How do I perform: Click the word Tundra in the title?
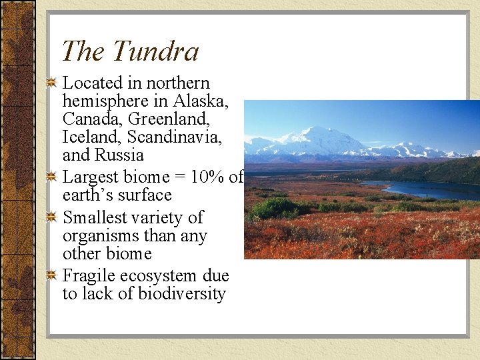point(155,51)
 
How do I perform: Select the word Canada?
point(86,119)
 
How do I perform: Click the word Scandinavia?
point(174,137)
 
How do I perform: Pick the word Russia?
point(121,155)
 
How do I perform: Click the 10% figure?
point(207,177)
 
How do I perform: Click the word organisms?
point(99,236)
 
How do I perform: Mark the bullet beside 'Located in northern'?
point(51,83)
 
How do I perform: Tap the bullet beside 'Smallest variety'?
point(51,218)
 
